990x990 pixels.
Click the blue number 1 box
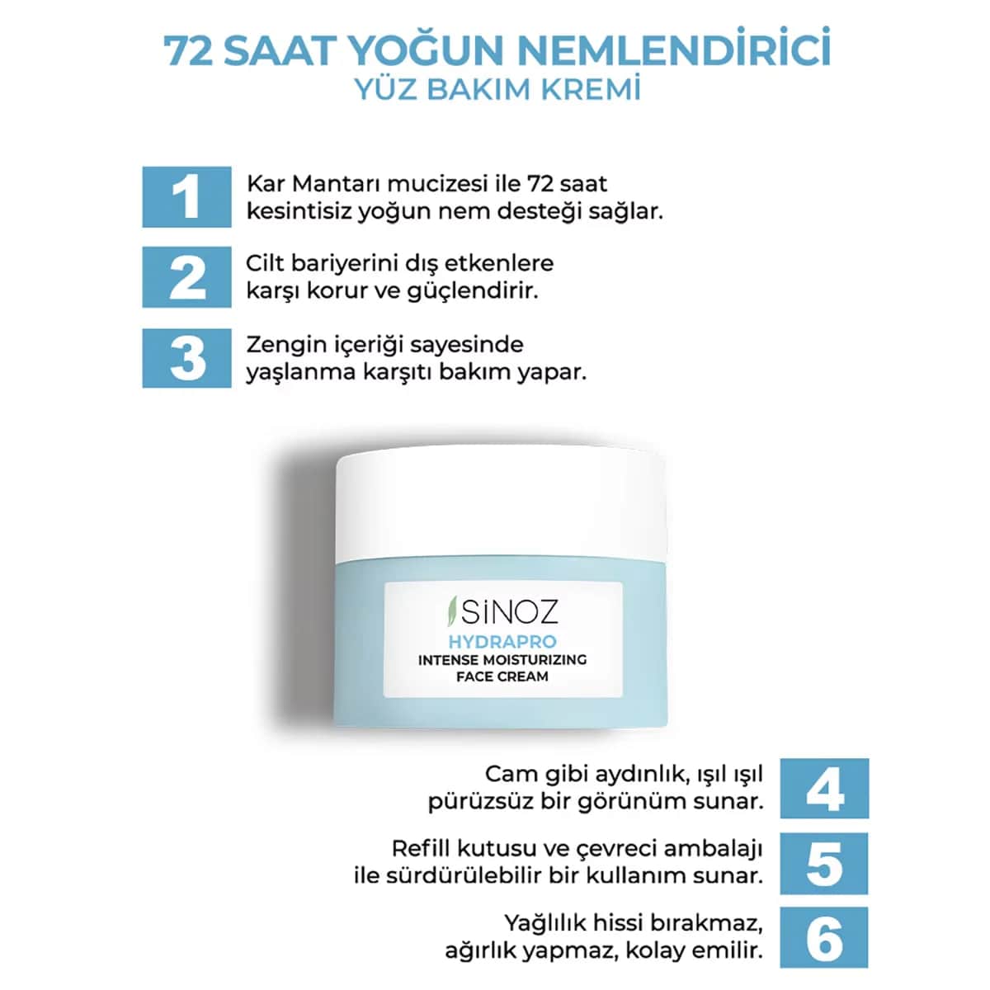coord(186,197)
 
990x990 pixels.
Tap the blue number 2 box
coord(186,277)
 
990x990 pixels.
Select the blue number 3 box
coord(186,357)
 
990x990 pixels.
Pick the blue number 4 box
coord(824,788)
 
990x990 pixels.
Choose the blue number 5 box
coord(824,864)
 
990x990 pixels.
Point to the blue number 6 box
coord(824,937)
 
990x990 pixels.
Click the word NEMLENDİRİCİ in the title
coord(673,49)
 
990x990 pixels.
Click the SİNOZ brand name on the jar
coord(509,611)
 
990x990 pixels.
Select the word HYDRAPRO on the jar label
coord(502,642)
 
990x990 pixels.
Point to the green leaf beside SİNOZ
coord(451,610)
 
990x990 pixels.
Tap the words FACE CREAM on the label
coord(502,676)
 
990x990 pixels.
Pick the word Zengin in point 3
coord(281,345)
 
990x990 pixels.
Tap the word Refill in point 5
coord(421,849)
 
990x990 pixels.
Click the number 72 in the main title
coord(187,51)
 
